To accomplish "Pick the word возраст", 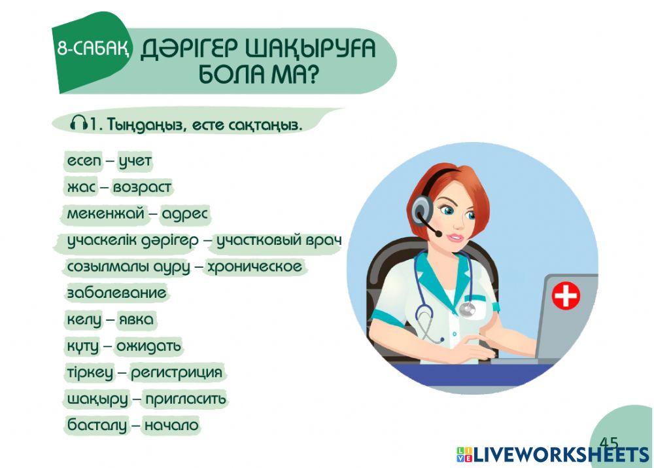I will [142, 187].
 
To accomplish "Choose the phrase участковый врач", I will [279, 240].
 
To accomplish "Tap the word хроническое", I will [254, 267].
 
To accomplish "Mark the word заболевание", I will [116, 293].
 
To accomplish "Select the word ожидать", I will [148, 346].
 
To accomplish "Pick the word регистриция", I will [177, 373].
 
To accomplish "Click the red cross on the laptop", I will [566, 296].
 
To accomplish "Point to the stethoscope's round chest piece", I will [466, 309].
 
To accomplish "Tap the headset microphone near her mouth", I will [436, 233].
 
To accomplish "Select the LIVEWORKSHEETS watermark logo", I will [553, 455].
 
